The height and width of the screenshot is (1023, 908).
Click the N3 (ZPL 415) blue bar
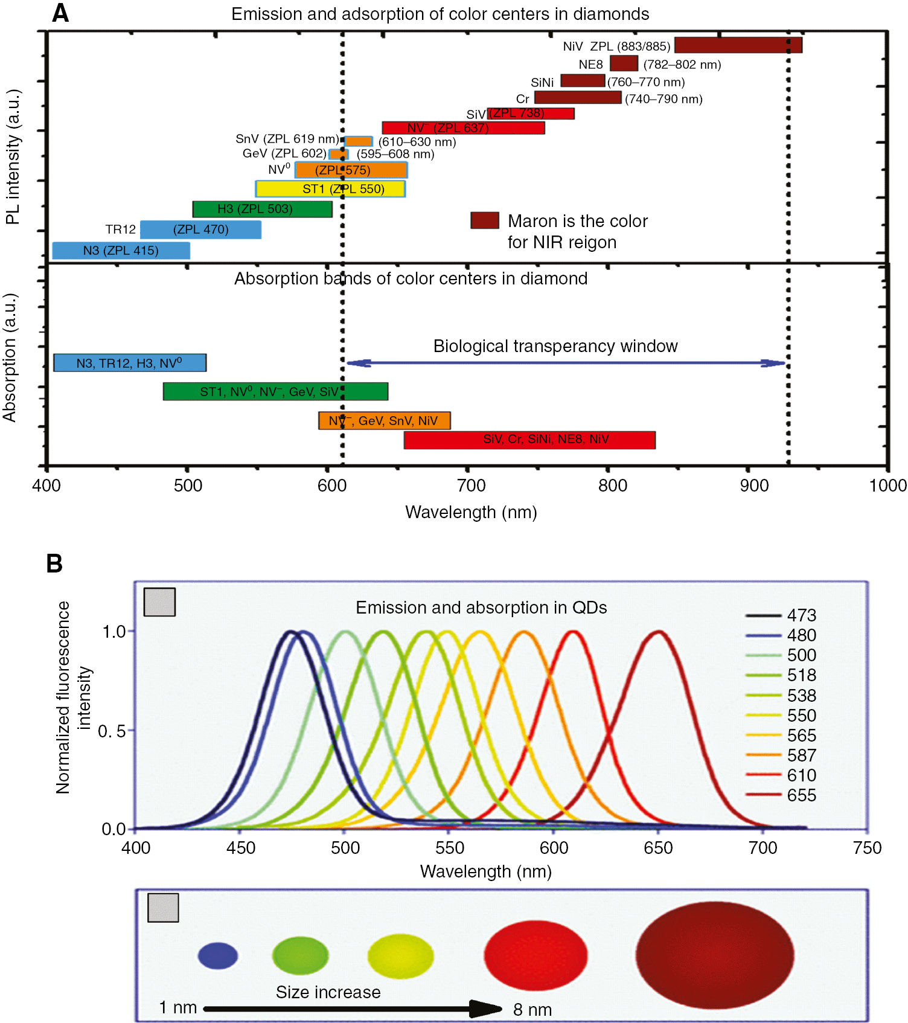point(121,251)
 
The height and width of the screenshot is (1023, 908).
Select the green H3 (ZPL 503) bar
point(262,209)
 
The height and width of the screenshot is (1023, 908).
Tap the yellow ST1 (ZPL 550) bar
point(330,189)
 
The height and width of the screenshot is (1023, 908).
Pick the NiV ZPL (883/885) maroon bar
point(738,45)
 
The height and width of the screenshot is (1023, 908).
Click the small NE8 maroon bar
point(624,63)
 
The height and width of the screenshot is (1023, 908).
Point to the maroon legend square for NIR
point(485,220)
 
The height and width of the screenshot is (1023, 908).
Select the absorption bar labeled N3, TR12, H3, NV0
point(130,363)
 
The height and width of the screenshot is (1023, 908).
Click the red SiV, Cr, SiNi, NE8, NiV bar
point(529,440)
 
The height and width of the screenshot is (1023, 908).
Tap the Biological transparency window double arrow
point(566,363)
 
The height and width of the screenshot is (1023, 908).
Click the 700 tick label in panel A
point(471,486)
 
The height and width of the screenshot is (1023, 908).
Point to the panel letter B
point(54,563)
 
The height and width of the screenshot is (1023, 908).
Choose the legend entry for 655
point(781,795)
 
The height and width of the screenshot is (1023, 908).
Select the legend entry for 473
point(781,615)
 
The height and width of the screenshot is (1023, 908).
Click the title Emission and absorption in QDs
point(481,608)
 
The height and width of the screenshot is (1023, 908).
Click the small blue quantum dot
point(218,956)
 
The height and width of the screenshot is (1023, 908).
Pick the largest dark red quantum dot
point(714,955)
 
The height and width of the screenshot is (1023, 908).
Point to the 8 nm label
point(532,1010)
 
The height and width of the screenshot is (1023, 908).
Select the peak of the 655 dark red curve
point(659,632)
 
